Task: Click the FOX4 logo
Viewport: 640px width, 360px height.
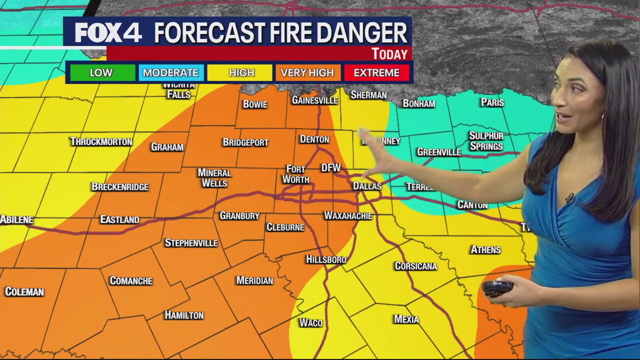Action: click(x=108, y=33)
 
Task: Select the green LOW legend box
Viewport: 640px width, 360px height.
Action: click(x=101, y=72)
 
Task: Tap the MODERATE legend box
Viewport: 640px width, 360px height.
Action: click(x=170, y=72)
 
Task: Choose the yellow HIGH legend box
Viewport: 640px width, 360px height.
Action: click(x=241, y=72)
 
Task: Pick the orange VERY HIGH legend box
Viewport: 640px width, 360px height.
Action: click(x=307, y=72)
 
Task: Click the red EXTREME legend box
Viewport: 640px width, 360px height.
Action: click(x=376, y=72)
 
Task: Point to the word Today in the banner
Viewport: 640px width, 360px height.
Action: click(x=389, y=53)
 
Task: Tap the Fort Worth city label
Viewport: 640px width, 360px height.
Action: click(x=295, y=174)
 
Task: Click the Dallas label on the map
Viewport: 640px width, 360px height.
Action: click(x=367, y=186)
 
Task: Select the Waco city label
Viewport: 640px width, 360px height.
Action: click(x=310, y=322)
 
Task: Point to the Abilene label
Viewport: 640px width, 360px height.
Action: click(x=17, y=219)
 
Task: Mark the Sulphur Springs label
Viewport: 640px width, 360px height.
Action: click(x=486, y=141)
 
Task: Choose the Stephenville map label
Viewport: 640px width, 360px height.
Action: click(x=191, y=243)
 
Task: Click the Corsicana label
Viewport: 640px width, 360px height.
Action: click(x=415, y=266)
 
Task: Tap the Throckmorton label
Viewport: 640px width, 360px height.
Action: click(x=101, y=141)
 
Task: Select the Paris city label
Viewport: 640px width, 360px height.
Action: click(x=492, y=102)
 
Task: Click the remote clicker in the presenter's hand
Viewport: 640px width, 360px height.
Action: click(x=497, y=288)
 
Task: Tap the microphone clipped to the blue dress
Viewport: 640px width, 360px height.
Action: click(x=569, y=198)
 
